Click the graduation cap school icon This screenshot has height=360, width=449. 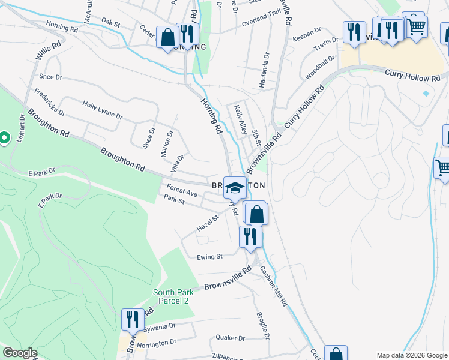click(235, 187)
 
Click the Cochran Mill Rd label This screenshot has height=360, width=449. click(274, 286)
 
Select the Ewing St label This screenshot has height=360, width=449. click(210, 256)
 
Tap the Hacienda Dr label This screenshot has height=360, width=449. click(264, 70)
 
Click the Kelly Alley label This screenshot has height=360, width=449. click(240, 118)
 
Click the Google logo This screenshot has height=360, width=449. click(19, 353)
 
